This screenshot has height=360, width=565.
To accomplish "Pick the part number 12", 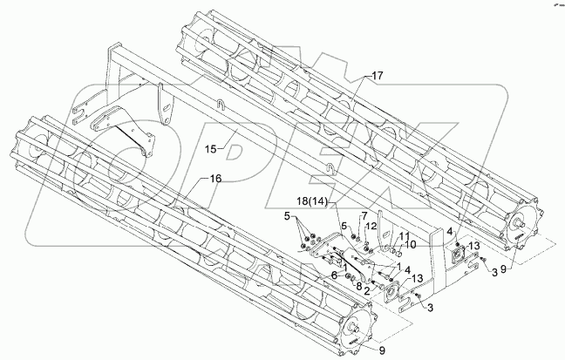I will pyautogui.click(x=371, y=227).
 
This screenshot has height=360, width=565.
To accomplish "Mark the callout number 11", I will pyautogui.click(x=405, y=236).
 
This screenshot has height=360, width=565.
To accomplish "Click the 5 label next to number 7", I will pyautogui.click(x=344, y=226).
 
